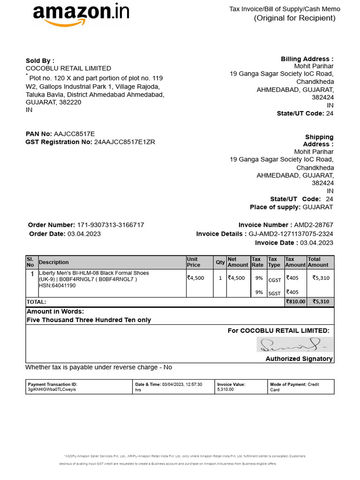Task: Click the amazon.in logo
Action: (x=81, y=15)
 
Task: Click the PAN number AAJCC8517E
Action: (x=74, y=134)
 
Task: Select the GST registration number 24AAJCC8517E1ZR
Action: (x=125, y=142)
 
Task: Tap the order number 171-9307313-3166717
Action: (x=110, y=225)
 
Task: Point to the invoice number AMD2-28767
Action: (x=314, y=225)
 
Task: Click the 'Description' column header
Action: (x=53, y=262)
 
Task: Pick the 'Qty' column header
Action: (x=220, y=262)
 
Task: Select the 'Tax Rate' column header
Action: (x=257, y=262)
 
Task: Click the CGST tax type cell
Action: (x=274, y=280)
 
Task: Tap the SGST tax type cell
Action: (x=274, y=293)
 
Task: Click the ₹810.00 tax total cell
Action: (x=295, y=302)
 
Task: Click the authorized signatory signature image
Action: (x=295, y=345)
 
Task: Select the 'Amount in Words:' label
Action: (x=55, y=312)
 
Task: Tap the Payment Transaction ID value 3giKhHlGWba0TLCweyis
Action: (x=52, y=390)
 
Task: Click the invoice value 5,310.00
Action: (x=225, y=390)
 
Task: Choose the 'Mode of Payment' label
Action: (x=288, y=384)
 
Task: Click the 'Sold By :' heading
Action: (x=40, y=60)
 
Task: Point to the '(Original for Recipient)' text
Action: (x=295, y=18)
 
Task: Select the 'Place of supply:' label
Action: (x=275, y=207)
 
